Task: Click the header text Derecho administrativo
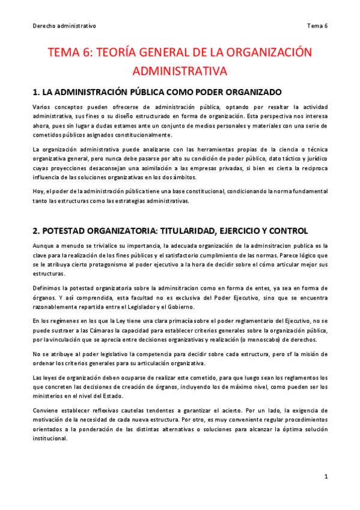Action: pyautogui.click(x=64, y=26)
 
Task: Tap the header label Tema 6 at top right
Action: pyautogui.click(x=317, y=26)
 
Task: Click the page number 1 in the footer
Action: pyautogui.click(x=326, y=477)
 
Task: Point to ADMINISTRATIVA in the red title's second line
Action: pyautogui.click(x=180, y=71)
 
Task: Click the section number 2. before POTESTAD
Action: pyautogui.click(x=36, y=231)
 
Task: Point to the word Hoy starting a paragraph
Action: pyautogui.click(x=38, y=191)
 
